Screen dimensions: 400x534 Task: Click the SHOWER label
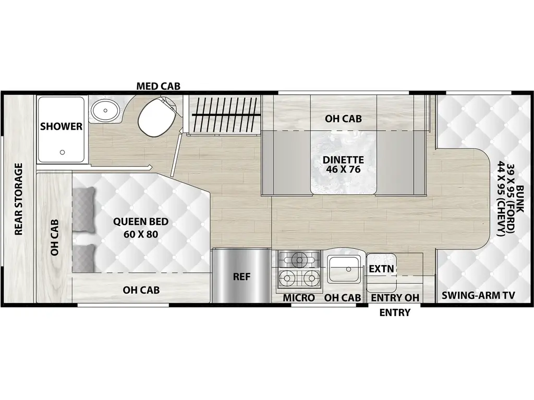62,126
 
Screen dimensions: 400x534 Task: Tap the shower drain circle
63,152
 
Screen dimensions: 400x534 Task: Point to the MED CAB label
158,86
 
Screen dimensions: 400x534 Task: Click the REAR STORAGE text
19,199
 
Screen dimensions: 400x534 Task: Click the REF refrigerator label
241,277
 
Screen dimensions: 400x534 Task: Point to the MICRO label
299,298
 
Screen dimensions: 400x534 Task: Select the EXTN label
382,269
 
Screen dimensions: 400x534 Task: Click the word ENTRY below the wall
394,313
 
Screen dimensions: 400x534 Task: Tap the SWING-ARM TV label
478,296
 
